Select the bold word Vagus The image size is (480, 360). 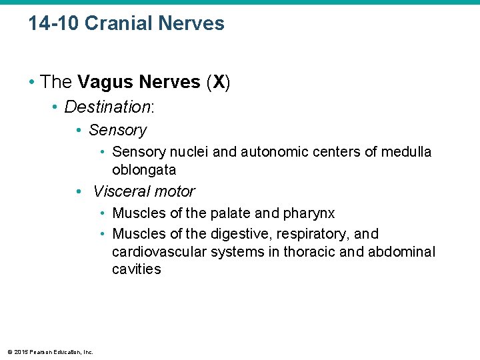[104, 82]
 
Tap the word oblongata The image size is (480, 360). [144, 170]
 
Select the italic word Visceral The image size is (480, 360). [116, 191]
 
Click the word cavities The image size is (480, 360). [137, 269]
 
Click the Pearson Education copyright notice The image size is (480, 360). [49, 352]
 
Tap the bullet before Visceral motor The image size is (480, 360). [79, 192]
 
